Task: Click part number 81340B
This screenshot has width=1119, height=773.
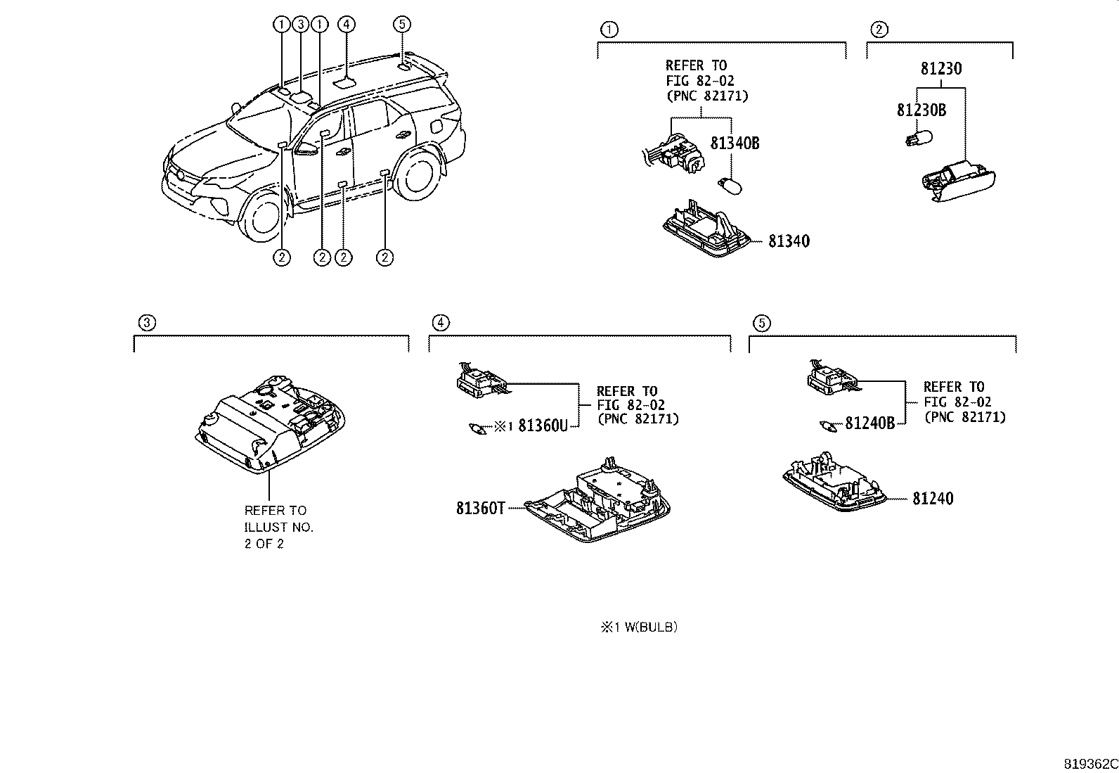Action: (x=735, y=143)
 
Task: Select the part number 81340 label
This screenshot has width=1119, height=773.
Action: (x=789, y=241)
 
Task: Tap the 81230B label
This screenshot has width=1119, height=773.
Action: (x=921, y=110)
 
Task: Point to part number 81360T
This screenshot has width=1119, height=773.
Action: (x=480, y=508)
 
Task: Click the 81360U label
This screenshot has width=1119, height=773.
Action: (x=542, y=426)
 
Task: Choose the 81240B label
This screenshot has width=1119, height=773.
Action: (x=869, y=423)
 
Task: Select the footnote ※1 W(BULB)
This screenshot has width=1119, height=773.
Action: (x=638, y=627)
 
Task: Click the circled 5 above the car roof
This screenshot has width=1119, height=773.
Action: (x=401, y=25)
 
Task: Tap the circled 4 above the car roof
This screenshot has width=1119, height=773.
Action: (x=346, y=25)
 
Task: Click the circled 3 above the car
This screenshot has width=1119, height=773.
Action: (x=300, y=25)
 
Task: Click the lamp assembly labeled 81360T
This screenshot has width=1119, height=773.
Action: (x=597, y=503)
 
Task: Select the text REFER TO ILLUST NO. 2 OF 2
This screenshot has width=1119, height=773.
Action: (x=278, y=527)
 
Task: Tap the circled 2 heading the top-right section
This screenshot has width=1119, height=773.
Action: (x=879, y=30)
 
